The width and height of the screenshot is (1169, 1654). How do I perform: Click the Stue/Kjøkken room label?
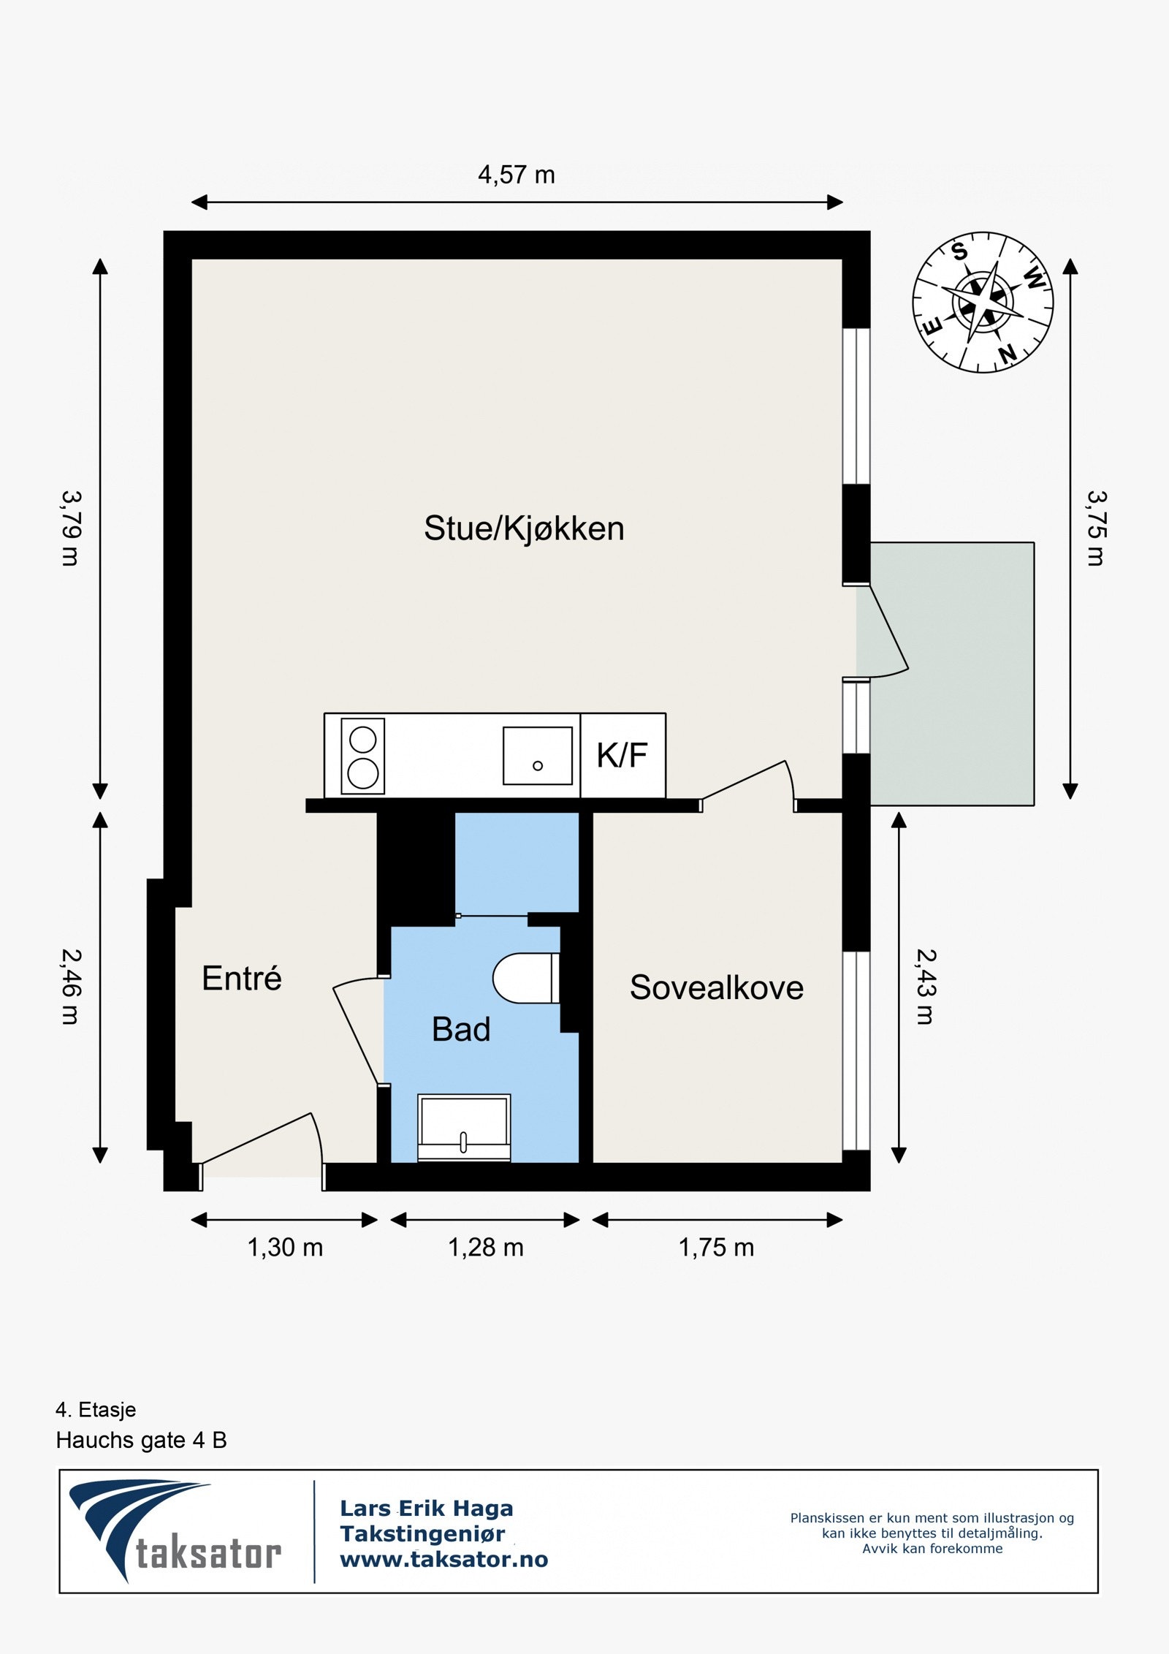[524, 529]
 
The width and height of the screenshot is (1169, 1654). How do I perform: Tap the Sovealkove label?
[716, 987]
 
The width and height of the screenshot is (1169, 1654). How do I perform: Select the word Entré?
[241, 979]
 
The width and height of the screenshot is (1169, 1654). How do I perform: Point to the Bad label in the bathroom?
[460, 1029]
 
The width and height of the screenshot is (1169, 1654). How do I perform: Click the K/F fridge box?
[622, 756]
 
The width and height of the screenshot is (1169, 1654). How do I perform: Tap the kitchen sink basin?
[537, 756]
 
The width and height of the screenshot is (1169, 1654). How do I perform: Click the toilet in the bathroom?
[526, 978]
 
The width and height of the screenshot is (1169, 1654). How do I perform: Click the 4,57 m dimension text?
[516, 175]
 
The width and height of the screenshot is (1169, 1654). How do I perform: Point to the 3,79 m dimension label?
[71, 528]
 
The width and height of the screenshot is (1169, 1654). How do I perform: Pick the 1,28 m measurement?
[485, 1248]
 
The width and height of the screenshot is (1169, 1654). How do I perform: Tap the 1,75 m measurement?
[716, 1248]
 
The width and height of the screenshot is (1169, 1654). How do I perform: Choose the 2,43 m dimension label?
[926, 987]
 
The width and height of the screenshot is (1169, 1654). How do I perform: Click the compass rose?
[983, 303]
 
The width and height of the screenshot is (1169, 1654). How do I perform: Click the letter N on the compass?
[1008, 354]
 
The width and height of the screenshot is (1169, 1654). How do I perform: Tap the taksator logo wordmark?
[208, 1554]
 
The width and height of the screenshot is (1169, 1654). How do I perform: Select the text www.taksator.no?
[443, 1560]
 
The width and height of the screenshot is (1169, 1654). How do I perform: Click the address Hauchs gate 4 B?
[141, 1441]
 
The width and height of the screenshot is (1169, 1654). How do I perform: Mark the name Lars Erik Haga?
[426, 1508]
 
